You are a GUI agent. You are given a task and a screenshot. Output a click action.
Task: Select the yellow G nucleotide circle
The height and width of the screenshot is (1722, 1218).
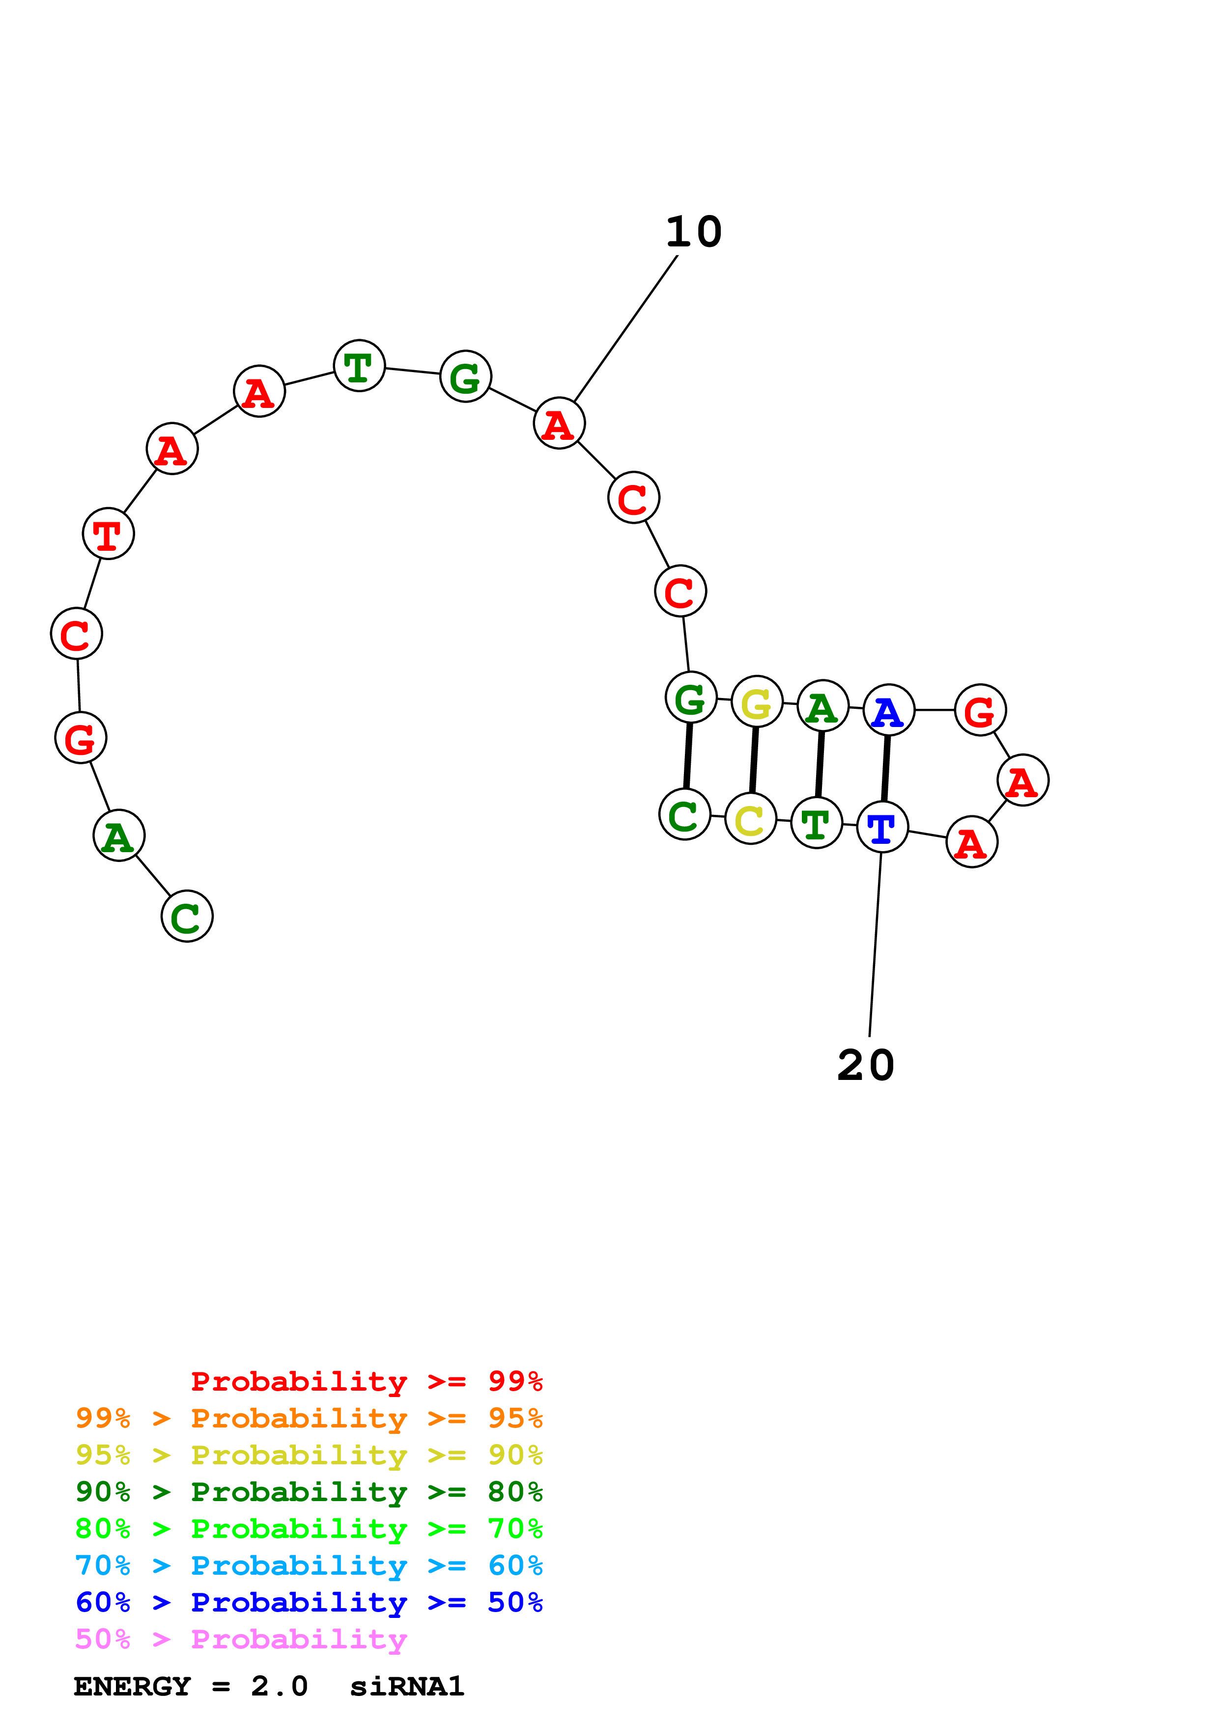(757, 702)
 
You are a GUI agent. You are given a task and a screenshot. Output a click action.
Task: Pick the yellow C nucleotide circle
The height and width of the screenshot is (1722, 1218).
(750, 819)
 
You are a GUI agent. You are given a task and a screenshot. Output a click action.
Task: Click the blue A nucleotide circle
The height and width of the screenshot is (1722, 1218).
(888, 710)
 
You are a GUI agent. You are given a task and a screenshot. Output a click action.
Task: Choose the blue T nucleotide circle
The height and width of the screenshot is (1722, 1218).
(882, 827)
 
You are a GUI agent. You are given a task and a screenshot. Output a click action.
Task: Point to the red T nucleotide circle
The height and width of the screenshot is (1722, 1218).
(109, 534)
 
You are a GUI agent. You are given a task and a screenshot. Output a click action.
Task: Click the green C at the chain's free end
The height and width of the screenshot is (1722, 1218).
(187, 916)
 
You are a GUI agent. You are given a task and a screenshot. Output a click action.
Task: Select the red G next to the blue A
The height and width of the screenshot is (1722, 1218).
(980, 710)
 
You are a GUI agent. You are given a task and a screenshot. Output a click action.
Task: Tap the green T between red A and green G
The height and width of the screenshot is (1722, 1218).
(360, 366)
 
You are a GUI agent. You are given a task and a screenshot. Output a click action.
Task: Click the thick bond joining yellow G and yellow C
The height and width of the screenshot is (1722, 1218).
(754, 760)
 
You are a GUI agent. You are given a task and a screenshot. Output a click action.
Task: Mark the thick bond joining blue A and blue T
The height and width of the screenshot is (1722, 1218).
(885, 769)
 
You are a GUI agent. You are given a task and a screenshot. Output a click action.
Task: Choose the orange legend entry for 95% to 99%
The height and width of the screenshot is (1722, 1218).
(309, 1418)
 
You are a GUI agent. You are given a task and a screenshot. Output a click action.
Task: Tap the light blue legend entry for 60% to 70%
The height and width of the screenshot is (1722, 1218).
(309, 1565)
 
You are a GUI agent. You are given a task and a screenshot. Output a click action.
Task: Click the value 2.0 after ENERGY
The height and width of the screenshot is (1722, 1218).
(279, 1687)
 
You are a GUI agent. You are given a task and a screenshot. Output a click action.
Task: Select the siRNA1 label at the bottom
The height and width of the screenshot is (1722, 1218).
(407, 1687)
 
